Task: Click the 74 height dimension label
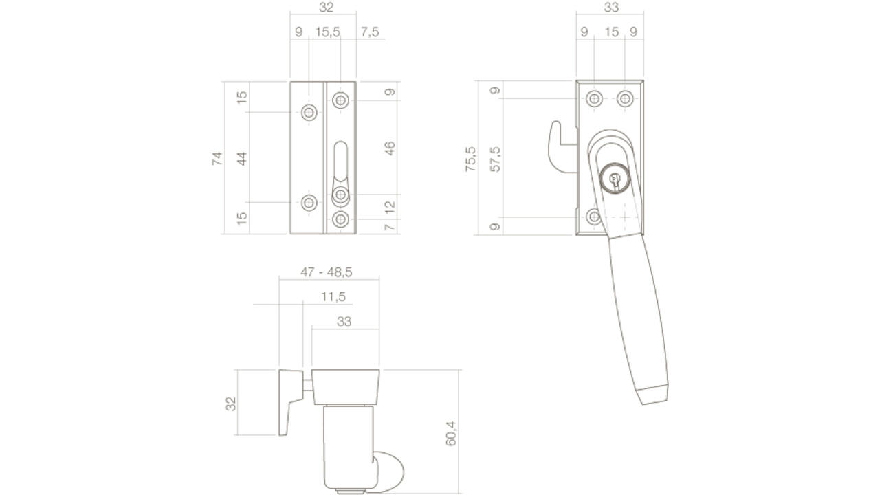(217, 158)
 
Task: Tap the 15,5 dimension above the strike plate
(328, 32)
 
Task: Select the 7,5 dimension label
(370, 32)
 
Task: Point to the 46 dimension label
(389, 148)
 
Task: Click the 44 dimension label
(242, 158)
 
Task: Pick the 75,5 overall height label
(470, 159)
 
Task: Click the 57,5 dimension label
(496, 159)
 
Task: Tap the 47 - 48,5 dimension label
(327, 272)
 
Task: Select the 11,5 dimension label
(333, 296)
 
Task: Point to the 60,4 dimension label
(451, 433)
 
